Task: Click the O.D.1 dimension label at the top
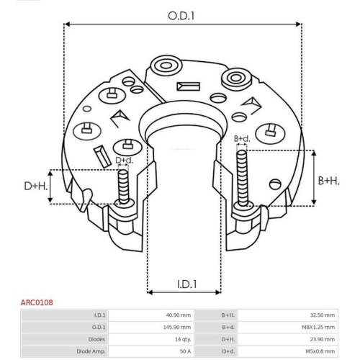pos(181,16)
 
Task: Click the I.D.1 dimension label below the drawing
pos(187,284)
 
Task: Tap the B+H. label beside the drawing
pos(329,181)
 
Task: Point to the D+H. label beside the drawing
pos(36,186)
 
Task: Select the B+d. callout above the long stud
pos(242,138)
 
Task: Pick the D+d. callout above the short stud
pos(124,161)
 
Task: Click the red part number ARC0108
pos(37,302)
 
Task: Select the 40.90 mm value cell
pos(179,315)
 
